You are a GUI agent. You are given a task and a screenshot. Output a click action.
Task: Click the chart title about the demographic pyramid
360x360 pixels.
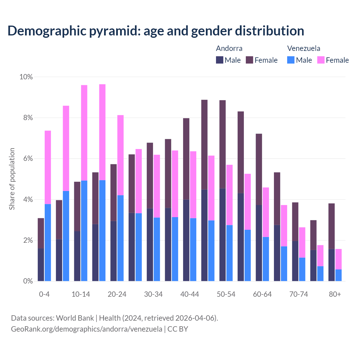click(x=156, y=31)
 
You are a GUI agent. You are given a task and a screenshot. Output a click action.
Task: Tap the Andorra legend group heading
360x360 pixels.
click(x=229, y=48)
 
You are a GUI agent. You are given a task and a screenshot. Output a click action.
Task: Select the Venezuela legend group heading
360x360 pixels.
click(x=303, y=48)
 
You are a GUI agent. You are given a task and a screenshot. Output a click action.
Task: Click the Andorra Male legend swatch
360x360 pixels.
click(x=220, y=60)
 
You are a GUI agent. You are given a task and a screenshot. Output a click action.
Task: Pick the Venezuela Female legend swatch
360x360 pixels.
click(x=321, y=60)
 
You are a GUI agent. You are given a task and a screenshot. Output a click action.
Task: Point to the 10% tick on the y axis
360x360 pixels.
click(x=26, y=77)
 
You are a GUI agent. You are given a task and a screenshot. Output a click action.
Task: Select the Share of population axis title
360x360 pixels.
click(x=12, y=179)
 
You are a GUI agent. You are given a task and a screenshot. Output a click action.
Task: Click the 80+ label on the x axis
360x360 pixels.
click(x=335, y=294)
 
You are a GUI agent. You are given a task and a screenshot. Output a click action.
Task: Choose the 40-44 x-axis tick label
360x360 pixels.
click(x=190, y=294)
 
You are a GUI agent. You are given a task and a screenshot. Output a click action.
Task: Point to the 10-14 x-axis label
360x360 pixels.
click(x=81, y=294)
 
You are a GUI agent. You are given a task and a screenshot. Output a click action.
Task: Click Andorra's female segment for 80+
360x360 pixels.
click(x=332, y=226)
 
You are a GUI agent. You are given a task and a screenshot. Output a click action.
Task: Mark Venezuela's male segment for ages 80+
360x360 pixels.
click(x=338, y=275)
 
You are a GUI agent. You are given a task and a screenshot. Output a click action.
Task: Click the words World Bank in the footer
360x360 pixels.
click(x=75, y=318)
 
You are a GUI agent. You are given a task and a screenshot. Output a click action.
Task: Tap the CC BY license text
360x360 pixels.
click(x=178, y=329)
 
